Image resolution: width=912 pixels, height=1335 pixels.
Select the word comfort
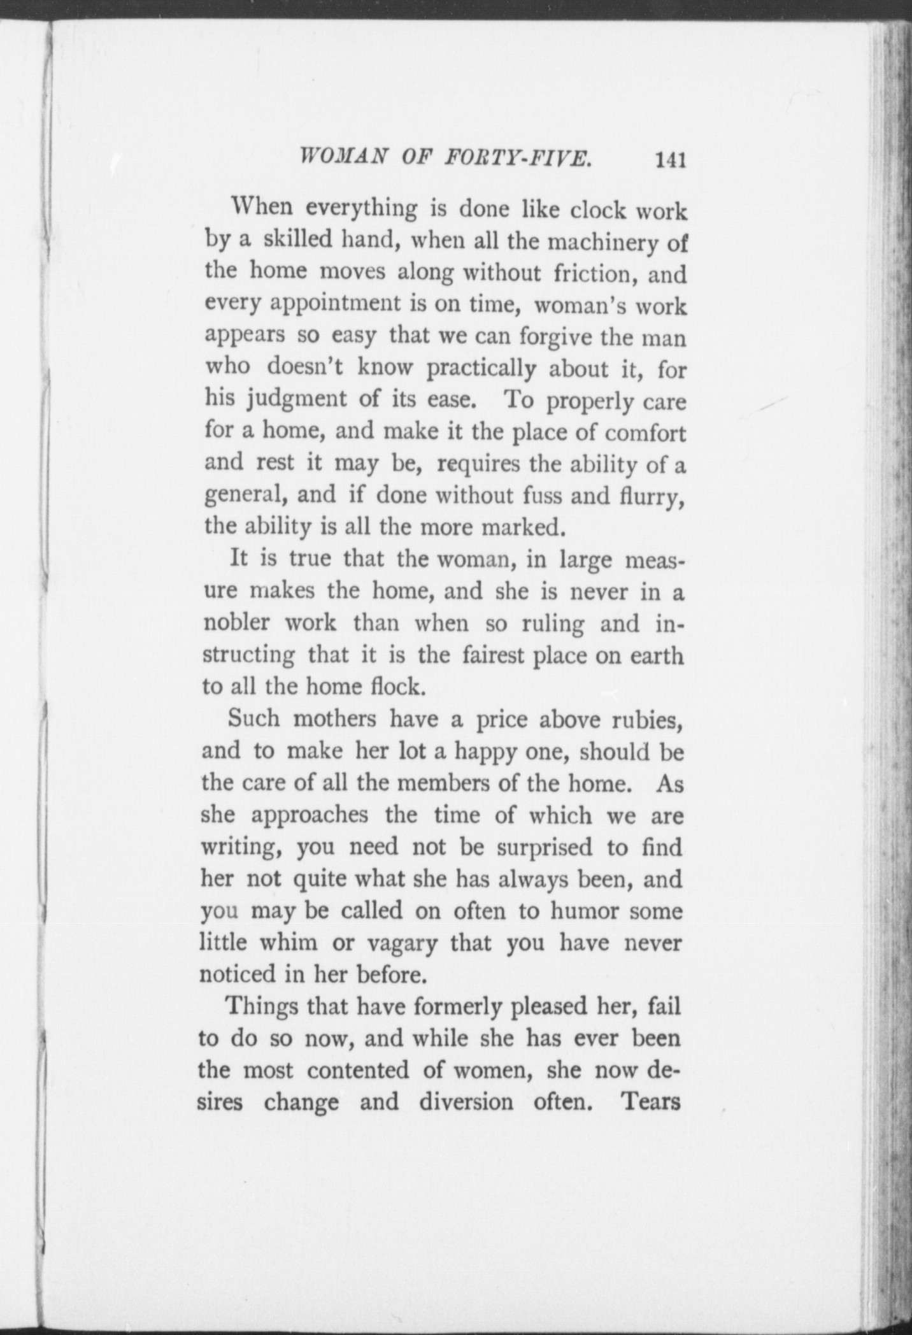point(644,432)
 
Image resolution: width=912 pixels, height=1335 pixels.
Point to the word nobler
point(236,623)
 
